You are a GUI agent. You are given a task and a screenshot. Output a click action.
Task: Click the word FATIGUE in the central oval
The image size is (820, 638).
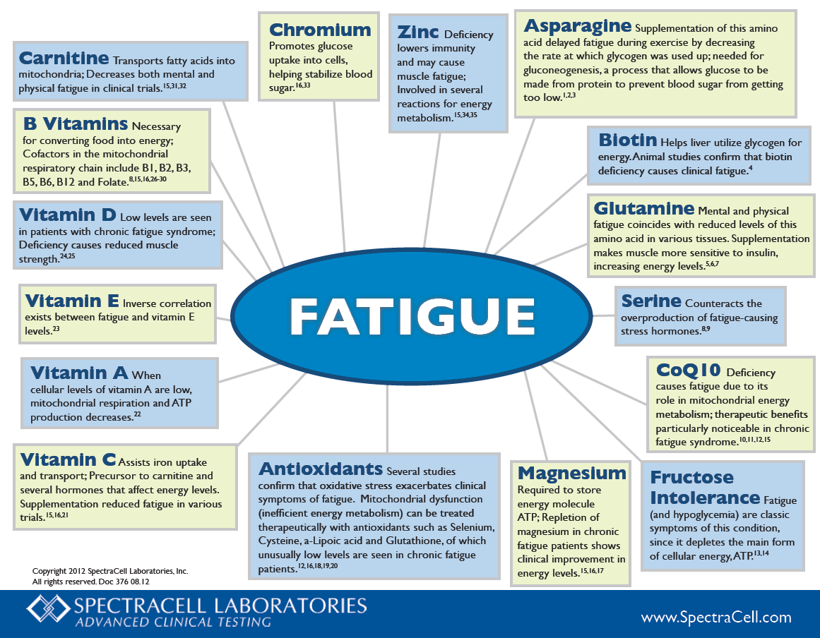(x=412, y=316)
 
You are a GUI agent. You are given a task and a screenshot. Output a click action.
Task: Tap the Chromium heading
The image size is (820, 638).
(x=320, y=30)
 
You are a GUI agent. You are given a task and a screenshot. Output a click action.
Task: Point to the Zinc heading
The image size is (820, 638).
(x=418, y=32)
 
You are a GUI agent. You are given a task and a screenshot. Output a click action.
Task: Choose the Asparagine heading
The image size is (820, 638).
(x=577, y=25)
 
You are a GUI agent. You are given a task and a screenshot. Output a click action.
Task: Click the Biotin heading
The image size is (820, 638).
(x=628, y=140)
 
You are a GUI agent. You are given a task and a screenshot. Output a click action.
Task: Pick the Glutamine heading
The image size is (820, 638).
(x=643, y=208)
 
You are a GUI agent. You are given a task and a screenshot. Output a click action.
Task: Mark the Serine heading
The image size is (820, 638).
(x=651, y=301)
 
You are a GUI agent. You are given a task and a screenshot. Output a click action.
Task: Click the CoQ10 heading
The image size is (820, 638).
(x=688, y=370)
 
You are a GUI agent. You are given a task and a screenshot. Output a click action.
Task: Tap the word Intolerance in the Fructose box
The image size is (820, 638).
(x=705, y=498)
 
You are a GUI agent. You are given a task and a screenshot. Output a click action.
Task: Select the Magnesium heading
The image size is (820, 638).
(x=571, y=473)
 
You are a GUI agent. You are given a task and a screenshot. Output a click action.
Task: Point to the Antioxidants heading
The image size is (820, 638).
(x=321, y=469)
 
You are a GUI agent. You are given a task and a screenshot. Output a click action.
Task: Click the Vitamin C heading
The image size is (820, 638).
(x=68, y=459)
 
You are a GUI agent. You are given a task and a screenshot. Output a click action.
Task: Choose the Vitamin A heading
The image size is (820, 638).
(x=79, y=373)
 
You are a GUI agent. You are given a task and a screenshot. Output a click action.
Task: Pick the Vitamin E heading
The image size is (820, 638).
(x=72, y=301)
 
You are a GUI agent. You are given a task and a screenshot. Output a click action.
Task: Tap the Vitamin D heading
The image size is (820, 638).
(x=68, y=215)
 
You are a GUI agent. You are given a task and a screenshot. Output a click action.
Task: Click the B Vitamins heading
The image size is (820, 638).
(x=76, y=124)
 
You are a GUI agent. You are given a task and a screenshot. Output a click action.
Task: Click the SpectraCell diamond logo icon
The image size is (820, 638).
(x=48, y=609)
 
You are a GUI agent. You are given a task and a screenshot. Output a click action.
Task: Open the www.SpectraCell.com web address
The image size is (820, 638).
(x=716, y=617)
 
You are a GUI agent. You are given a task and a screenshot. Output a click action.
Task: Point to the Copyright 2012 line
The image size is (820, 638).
(x=110, y=571)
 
